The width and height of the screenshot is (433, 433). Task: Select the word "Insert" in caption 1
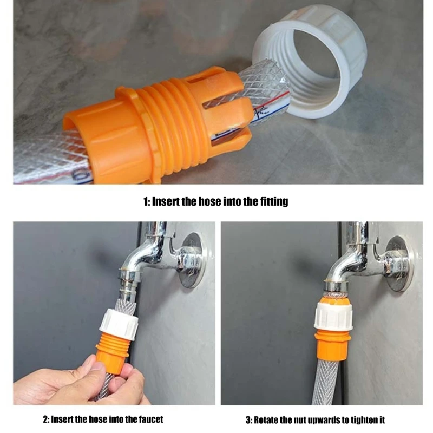point(166,202)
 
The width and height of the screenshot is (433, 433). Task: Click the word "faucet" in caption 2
point(148,419)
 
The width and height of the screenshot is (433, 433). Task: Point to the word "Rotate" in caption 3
point(267,419)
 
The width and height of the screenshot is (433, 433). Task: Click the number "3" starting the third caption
point(248,419)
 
